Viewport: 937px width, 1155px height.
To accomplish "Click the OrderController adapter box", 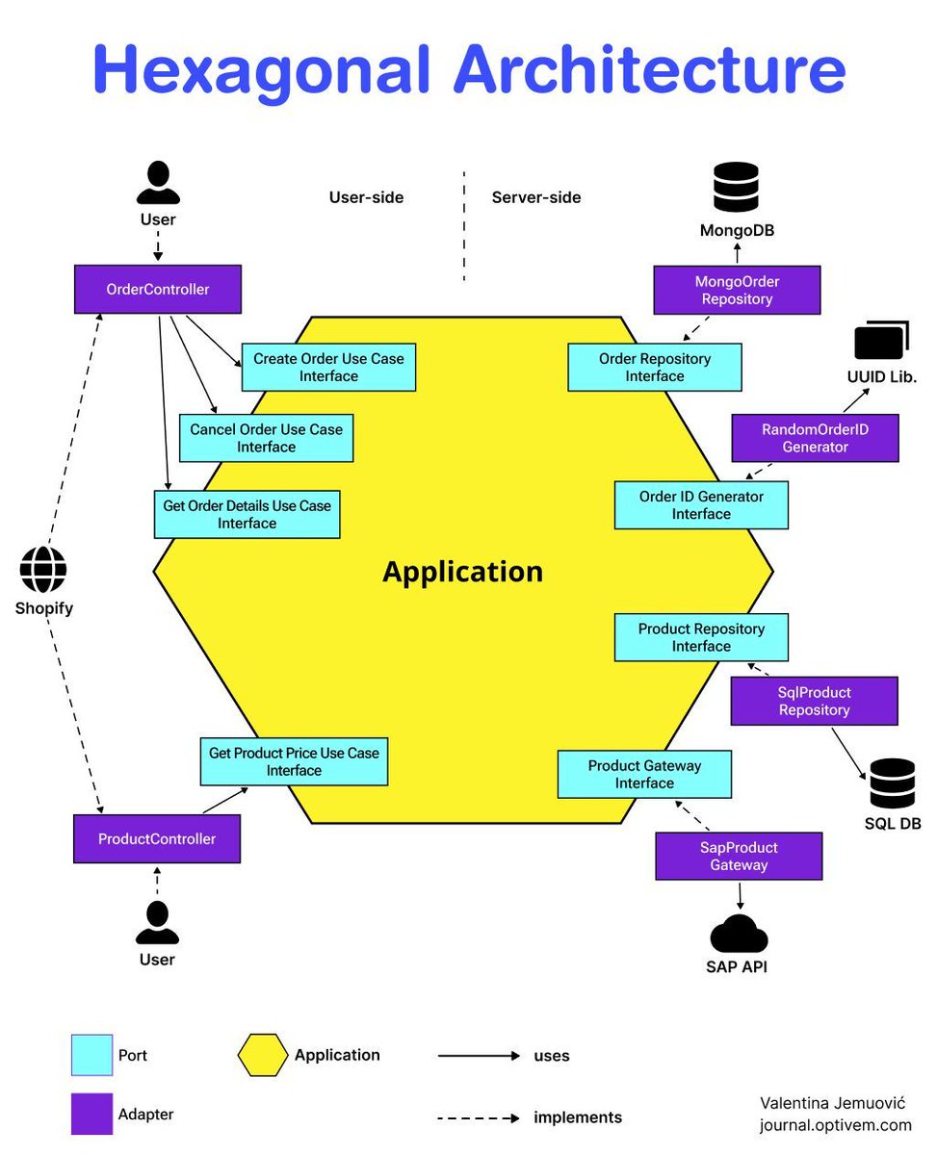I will [157, 290].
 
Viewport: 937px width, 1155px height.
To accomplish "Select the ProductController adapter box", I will [156, 839].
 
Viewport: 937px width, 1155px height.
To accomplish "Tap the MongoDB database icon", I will [736, 188].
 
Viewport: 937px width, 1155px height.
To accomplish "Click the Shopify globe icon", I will [43, 571].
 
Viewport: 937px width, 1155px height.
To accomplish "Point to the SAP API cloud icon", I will [739, 934].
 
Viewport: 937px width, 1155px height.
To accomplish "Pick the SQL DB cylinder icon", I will [892, 784].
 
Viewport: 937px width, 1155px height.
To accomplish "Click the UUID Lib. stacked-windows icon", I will [881, 342].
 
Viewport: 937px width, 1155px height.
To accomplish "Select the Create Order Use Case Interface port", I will [328, 368].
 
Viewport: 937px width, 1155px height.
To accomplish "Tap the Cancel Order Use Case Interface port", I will [266, 438].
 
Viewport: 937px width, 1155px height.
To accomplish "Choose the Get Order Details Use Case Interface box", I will [247, 515].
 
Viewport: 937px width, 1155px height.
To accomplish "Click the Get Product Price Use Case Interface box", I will [294, 762].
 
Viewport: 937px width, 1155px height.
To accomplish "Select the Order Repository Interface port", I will [654, 368].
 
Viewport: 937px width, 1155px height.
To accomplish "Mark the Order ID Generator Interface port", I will [701, 505].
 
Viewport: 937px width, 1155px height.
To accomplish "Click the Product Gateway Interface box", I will [644, 775].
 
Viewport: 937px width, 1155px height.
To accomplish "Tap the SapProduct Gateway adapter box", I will [739, 857].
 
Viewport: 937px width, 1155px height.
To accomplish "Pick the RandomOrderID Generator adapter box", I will [815, 438].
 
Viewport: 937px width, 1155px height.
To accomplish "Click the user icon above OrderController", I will [157, 183].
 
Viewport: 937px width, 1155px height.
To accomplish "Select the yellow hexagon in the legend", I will [262, 1056].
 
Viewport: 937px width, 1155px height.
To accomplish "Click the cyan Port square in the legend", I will [91, 1056].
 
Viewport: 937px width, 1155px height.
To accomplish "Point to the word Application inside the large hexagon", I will [462, 572].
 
